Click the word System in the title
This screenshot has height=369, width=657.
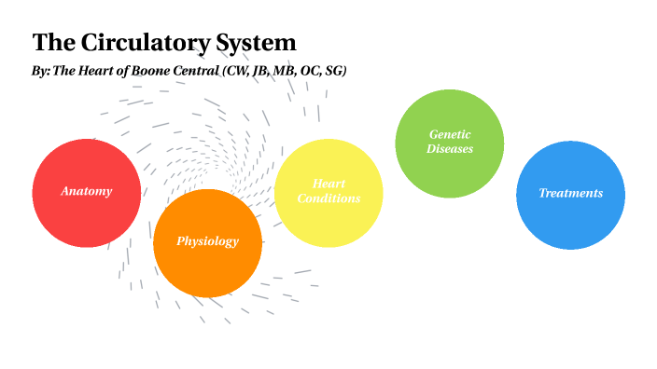click(x=257, y=43)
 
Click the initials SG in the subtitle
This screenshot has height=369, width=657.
click(x=335, y=72)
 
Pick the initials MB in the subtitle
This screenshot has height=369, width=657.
click(x=285, y=72)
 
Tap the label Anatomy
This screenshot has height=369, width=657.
click(x=87, y=192)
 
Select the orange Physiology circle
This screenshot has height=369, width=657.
click(x=207, y=266)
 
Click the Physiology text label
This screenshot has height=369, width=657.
click(x=207, y=241)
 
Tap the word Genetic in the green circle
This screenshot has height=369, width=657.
click(x=450, y=134)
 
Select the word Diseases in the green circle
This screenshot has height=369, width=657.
click(x=450, y=148)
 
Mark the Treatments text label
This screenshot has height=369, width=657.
click(x=570, y=193)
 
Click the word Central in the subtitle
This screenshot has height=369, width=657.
click(x=205, y=72)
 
